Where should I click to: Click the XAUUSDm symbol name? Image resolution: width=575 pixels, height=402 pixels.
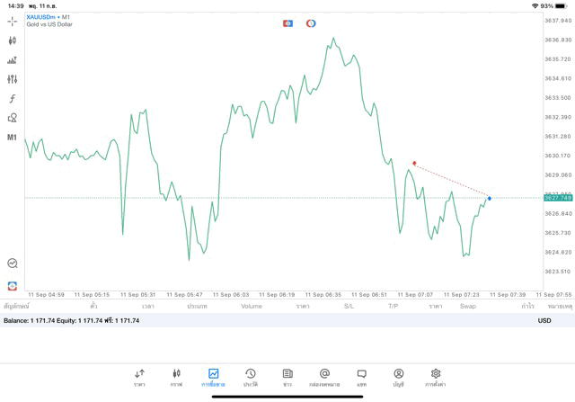coord(41,17)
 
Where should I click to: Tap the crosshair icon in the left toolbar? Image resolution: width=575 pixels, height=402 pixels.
coord(13,21)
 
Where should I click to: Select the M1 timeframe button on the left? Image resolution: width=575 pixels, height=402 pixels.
coord(13,138)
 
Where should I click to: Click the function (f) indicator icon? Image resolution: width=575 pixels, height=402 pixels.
coord(13,99)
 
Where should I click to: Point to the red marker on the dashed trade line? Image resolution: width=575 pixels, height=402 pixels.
coord(414,164)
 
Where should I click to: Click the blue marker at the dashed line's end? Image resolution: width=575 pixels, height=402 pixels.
coord(490,198)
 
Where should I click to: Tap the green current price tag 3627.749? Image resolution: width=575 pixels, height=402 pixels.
coord(558,198)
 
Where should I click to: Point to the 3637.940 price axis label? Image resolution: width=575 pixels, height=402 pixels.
coord(558,21)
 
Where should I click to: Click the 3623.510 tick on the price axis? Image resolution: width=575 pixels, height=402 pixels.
coord(558,272)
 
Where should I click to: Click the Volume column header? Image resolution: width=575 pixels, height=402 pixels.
coord(252,307)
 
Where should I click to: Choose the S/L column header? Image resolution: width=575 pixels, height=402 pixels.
coord(349,307)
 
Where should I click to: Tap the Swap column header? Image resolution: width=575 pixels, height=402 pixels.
coord(468,307)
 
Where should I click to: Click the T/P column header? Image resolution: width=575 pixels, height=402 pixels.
coord(393,307)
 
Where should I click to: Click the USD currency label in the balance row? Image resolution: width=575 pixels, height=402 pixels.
coord(544,320)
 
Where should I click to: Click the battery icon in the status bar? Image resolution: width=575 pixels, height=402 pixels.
coord(562,5)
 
